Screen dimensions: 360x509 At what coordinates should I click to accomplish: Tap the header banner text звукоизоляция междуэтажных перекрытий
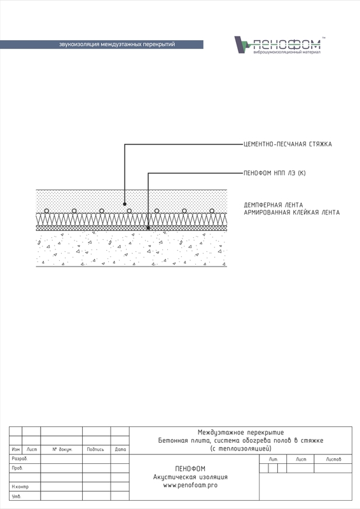click(x=117, y=45)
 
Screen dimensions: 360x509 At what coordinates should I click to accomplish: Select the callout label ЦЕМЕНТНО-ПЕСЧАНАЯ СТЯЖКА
click(x=287, y=144)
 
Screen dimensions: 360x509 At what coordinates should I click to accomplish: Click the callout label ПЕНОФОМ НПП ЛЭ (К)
click(x=275, y=173)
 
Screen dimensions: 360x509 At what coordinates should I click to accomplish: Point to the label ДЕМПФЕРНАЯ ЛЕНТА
click(x=273, y=205)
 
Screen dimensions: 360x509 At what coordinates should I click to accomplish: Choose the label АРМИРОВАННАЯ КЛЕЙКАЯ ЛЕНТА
click(x=292, y=213)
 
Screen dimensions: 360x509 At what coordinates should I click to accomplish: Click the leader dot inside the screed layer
click(x=125, y=204)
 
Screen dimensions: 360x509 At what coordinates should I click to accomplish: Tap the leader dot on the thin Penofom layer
click(x=148, y=228)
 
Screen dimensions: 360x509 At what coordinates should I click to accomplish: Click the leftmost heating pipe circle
click(x=46, y=211)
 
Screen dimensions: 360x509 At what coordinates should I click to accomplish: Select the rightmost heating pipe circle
click(x=212, y=211)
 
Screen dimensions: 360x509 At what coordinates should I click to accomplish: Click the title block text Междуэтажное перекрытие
click(x=241, y=433)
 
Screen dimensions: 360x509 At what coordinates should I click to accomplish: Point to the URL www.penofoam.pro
click(x=190, y=485)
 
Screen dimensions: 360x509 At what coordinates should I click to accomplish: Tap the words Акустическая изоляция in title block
click(x=190, y=477)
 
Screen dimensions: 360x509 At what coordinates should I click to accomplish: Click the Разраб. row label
click(x=20, y=459)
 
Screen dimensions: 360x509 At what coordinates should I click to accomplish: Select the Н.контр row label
click(x=20, y=487)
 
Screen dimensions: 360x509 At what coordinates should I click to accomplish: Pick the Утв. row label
click(x=17, y=496)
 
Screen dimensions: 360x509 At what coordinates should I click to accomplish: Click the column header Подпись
click(x=95, y=450)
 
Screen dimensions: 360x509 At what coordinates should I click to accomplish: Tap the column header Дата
click(x=120, y=450)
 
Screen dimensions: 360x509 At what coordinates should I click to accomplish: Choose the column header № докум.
click(x=62, y=450)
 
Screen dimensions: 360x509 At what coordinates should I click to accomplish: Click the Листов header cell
click(x=333, y=459)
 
